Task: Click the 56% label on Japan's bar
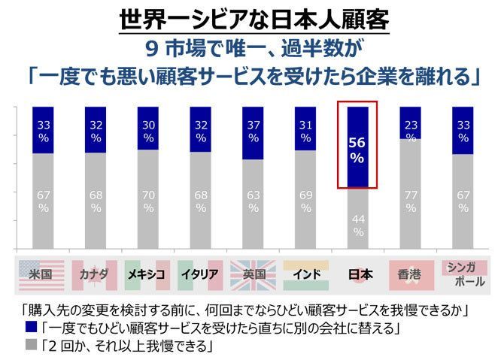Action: point(357,149)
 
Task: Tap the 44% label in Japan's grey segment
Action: point(357,225)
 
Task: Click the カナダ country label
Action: point(95,274)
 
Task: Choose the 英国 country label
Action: point(253,274)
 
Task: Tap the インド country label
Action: point(305,274)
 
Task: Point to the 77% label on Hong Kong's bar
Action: point(410,201)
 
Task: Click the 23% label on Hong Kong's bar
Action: point(410,131)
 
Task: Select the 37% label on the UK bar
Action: point(253,132)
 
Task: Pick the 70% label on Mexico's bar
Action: point(148,201)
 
